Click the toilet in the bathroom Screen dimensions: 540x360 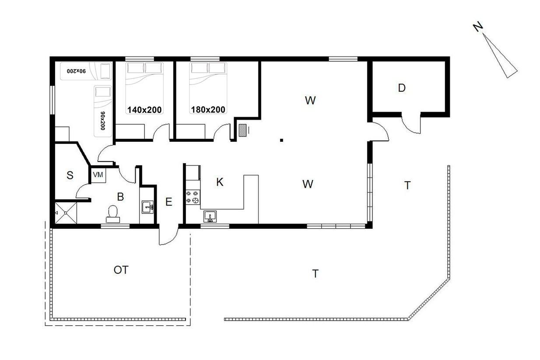pos(113,214)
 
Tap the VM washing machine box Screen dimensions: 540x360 pos(98,175)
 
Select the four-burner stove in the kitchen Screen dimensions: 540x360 pos(193,197)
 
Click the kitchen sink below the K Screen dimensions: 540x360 pos(210,217)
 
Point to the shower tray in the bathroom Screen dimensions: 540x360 pos(66,213)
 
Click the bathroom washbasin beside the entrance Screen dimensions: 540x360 pos(147,207)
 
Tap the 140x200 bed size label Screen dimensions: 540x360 pos(144,110)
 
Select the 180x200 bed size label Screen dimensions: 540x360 pos(208,110)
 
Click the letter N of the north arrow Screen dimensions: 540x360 pos(478,27)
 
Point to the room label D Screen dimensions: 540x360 pos(402,88)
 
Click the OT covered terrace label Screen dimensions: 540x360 pos(121,270)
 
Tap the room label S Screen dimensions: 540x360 pos(70,175)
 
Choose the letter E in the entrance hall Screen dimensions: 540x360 pos(169,202)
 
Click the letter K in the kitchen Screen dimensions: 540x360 pos(220,182)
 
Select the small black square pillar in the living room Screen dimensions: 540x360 pos(281,140)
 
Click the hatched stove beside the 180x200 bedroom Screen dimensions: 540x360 pos(242,130)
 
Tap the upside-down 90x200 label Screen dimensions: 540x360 pos(76,71)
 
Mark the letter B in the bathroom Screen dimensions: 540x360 pos(120,197)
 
